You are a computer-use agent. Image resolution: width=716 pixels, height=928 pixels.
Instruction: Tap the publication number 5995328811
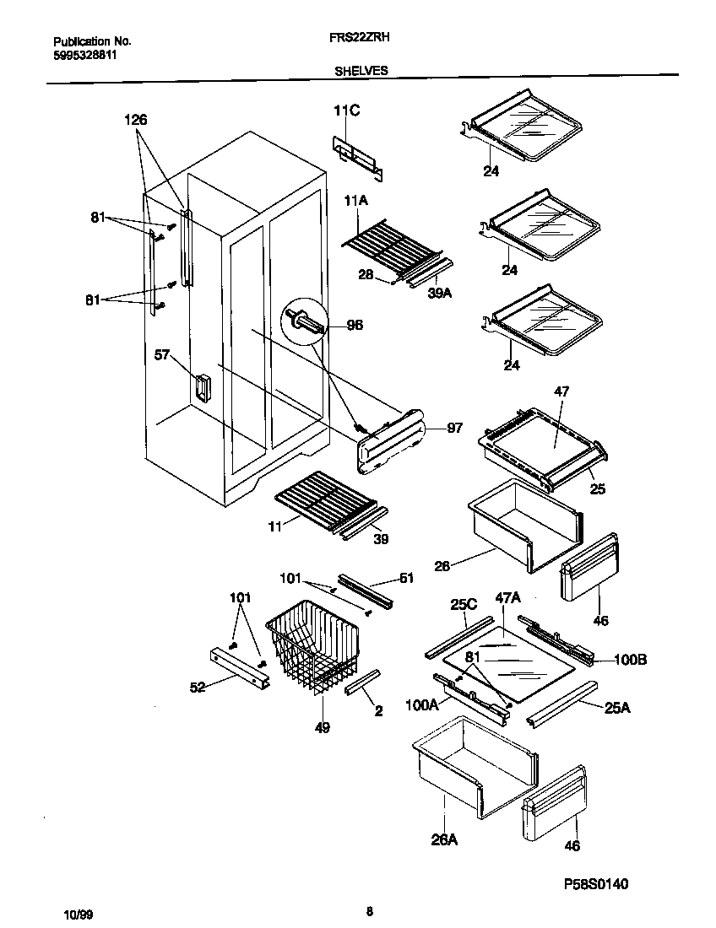[x=85, y=55]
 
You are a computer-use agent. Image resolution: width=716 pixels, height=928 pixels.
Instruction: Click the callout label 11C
[x=346, y=111]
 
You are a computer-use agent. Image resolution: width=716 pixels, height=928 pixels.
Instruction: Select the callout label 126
[x=136, y=121]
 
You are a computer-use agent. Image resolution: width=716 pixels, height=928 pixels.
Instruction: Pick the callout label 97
[x=454, y=429]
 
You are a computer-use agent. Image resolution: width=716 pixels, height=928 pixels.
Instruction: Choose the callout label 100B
[x=629, y=660]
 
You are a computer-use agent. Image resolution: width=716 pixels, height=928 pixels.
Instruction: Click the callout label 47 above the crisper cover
[x=561, y=391]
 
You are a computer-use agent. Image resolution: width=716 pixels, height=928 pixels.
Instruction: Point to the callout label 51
[x=406, y=578]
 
